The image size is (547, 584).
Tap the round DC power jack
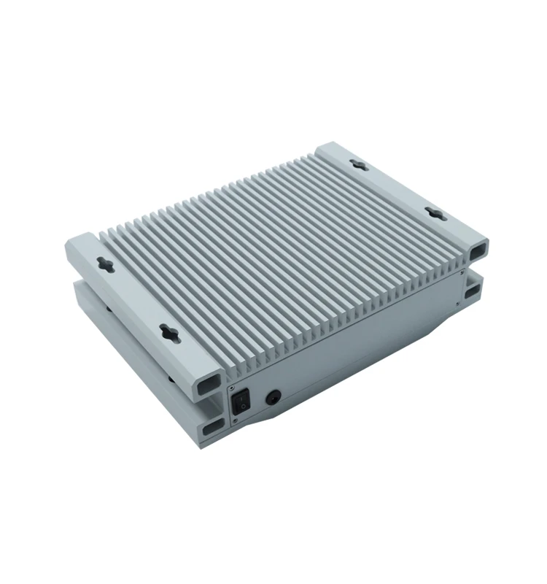(x=273, y=397)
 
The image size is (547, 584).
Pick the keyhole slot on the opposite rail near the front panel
(x=434, y=214)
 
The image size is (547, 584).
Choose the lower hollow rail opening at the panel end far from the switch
(x=472, y=291)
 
